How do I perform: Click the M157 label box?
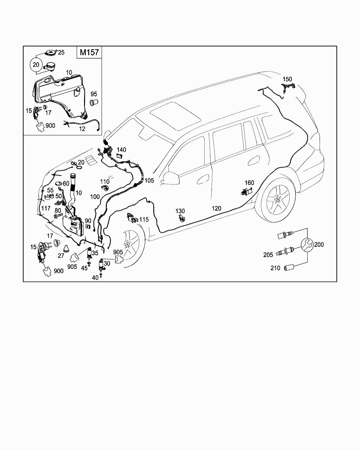(x=89, y=52)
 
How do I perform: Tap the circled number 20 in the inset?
(x=36, y=65)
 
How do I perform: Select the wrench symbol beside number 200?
(x=307, y=245)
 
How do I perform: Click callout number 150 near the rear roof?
(x=287, y=79)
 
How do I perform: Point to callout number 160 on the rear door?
(x=249, y=183)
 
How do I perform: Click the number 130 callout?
(x=180, y=211)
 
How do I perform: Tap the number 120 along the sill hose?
(x=217, y=208)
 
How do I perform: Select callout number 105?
(x=149, y=180)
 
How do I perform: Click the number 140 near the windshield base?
(x=121, y=150)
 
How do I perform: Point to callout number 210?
(x=275, y=268)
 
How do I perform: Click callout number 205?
(x=268, y=255)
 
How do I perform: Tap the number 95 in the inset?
(x=94, y=94)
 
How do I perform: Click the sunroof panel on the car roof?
(x=175, y=116)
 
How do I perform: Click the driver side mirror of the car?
(x=171, y=178)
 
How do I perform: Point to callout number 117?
(x=46, y=208)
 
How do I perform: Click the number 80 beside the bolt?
(x=58, y=210)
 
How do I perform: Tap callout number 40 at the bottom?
(x=95, y=278)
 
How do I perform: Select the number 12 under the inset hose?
(x=82, y=129)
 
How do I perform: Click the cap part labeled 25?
(x=51, y=53)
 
